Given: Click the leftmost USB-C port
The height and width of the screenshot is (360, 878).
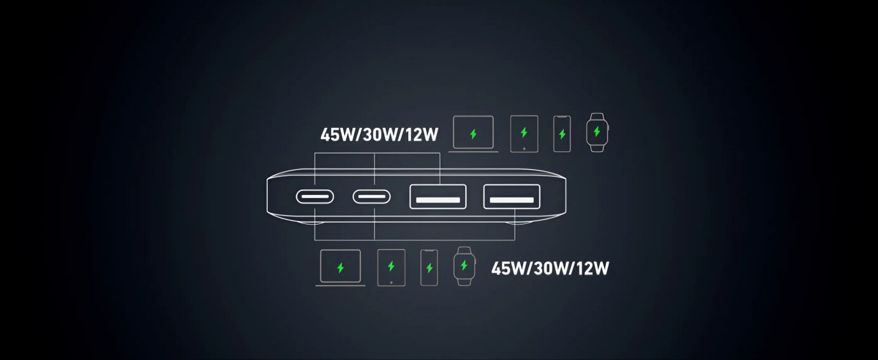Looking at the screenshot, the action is pos(315,196).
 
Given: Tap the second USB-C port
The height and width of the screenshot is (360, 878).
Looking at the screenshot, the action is pos(372,196).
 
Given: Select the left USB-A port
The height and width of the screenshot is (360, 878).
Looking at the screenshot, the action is pos(438,196).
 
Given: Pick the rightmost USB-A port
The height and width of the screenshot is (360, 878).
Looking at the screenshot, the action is pos(512,196).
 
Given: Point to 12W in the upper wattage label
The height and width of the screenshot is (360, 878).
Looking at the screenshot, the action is pos(422,135).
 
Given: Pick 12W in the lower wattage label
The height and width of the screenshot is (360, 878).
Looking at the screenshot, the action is pos(593,268).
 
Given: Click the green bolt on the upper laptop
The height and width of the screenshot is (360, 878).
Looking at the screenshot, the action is pos(474,134).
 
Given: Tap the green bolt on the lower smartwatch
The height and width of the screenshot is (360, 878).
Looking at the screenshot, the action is pos(464,265).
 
